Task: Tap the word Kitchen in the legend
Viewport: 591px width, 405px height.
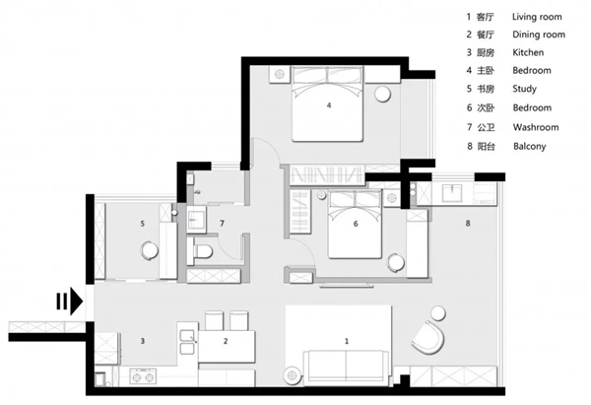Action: (x=528, y=52)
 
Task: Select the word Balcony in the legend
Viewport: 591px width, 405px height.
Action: (x=529, y=146)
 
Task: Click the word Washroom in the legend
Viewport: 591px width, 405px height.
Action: (x=536, y=127)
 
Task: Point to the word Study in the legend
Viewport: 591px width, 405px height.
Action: (x=524, y=89)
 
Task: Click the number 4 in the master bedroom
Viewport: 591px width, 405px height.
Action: (x=329, y=105)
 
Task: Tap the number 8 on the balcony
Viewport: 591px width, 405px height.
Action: (x=468, y=224)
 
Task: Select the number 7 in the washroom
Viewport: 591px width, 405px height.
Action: (x=222, y=224)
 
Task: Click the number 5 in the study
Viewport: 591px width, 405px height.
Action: (x=143, y=224)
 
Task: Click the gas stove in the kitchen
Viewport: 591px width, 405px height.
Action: (x=143, y=376)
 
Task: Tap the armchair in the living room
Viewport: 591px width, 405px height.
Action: (x=428, y=338)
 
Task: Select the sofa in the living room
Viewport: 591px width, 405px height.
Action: (x=346, y=368)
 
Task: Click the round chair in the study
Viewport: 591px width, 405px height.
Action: (x=150, y=250)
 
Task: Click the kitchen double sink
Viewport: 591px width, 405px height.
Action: (x=187, y=342)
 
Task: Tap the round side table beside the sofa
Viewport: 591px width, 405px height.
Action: (x=293, y=375)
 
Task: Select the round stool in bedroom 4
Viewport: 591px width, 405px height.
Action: (x=382, y=94)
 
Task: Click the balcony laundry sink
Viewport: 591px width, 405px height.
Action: (x=451, y=193)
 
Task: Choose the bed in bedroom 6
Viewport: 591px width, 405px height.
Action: (x=355, y=225)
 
